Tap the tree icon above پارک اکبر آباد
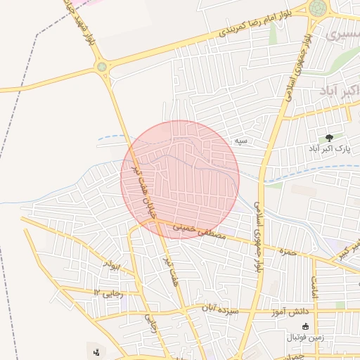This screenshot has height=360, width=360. (x=330, y=138)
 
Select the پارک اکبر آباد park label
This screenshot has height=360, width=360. (x=326, y=149)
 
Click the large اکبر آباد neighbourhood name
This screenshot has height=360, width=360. (x=340, y=91)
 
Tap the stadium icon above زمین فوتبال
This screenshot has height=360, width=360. (x=305, y=326)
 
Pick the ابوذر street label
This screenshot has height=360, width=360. (x=112, y=264)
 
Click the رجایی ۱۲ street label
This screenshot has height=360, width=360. (x=109, y=292)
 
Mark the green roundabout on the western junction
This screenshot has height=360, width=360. (x=103, y=67)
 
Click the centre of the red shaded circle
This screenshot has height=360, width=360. (x=180, y=179)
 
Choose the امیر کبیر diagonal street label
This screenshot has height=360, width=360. (x=349, y=249)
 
